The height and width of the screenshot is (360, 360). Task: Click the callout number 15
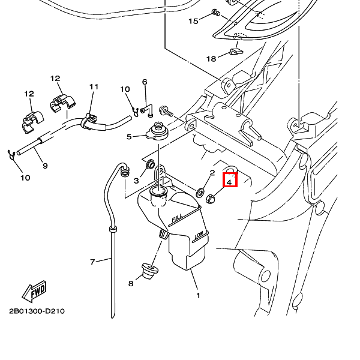tap(193, 21)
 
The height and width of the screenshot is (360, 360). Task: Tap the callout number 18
tap(211, 59)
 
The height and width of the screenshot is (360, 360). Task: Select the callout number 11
tap(94, 87)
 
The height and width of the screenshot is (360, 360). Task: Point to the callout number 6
tap(145, 82)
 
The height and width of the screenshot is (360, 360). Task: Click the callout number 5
tap(128, 137)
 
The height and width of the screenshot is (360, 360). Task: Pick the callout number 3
tap(136, 180)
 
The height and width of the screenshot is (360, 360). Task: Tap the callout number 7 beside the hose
tap(92, 262)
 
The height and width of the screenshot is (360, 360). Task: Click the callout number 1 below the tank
tap(198, 295)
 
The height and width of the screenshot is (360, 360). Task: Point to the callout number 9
tap(45, 165)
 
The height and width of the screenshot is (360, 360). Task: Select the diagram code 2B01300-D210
tap(37, 311)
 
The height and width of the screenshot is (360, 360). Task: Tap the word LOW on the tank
tap(200, 236)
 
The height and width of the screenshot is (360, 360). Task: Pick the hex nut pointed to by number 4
tap(211, 199)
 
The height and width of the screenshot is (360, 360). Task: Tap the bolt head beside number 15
tap(216, 13)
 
